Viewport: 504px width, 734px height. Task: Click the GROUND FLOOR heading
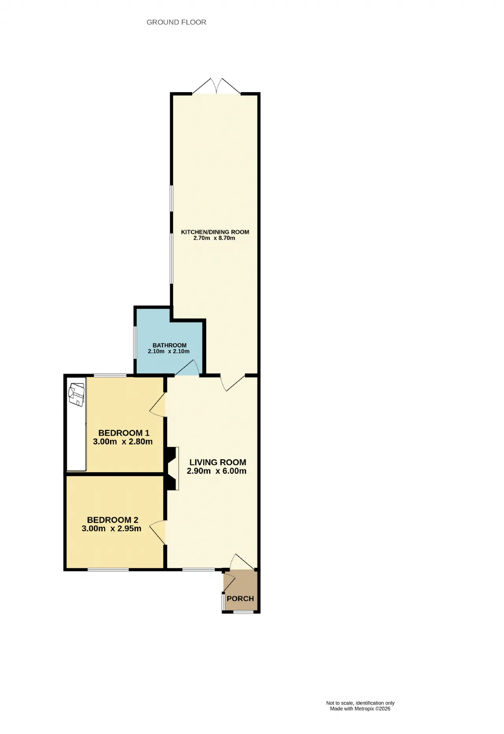pos(176,22)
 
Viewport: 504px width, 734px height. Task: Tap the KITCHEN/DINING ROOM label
pos(215,232)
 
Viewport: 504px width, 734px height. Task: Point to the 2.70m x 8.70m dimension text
pos(214,238)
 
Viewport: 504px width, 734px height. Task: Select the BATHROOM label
pos(170,345)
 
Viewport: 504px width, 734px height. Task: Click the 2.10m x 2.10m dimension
pos(169,351)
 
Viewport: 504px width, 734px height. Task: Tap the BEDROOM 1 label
pos(124,433)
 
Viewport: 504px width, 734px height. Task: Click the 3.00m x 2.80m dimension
pos(123,442)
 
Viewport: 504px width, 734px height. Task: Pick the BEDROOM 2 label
pos(113,520)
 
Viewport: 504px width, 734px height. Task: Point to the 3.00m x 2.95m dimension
pos(111,529)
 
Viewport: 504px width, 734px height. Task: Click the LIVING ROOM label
pos(218,462)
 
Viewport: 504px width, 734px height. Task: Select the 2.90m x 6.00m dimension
pos(217,471)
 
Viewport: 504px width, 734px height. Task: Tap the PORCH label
pos(240,599)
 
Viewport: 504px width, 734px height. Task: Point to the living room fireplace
pos(172,468)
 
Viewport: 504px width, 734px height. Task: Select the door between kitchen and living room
pos(233,382)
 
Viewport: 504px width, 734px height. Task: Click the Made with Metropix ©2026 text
pos(360,709)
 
